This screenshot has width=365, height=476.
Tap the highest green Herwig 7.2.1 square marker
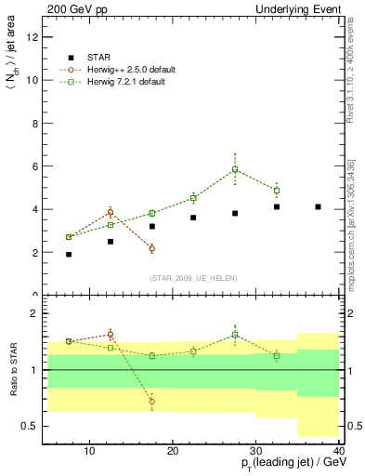coord(235,170)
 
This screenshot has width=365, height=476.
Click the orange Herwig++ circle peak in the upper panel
coord(110,212)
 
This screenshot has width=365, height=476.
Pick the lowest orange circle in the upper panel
coord(151,248)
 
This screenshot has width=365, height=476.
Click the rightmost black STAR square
coord(319,206)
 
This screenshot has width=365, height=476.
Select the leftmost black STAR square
coord(69,254)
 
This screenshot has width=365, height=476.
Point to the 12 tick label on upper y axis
coord(33,37)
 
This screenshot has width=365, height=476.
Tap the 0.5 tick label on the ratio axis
coord(31,427)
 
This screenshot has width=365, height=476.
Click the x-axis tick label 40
coord(339,451)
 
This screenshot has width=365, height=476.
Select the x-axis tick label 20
coord(173,451)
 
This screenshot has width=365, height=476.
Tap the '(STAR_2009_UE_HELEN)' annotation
coord(193,279)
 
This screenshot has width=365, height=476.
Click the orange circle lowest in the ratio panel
coord(151,402)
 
